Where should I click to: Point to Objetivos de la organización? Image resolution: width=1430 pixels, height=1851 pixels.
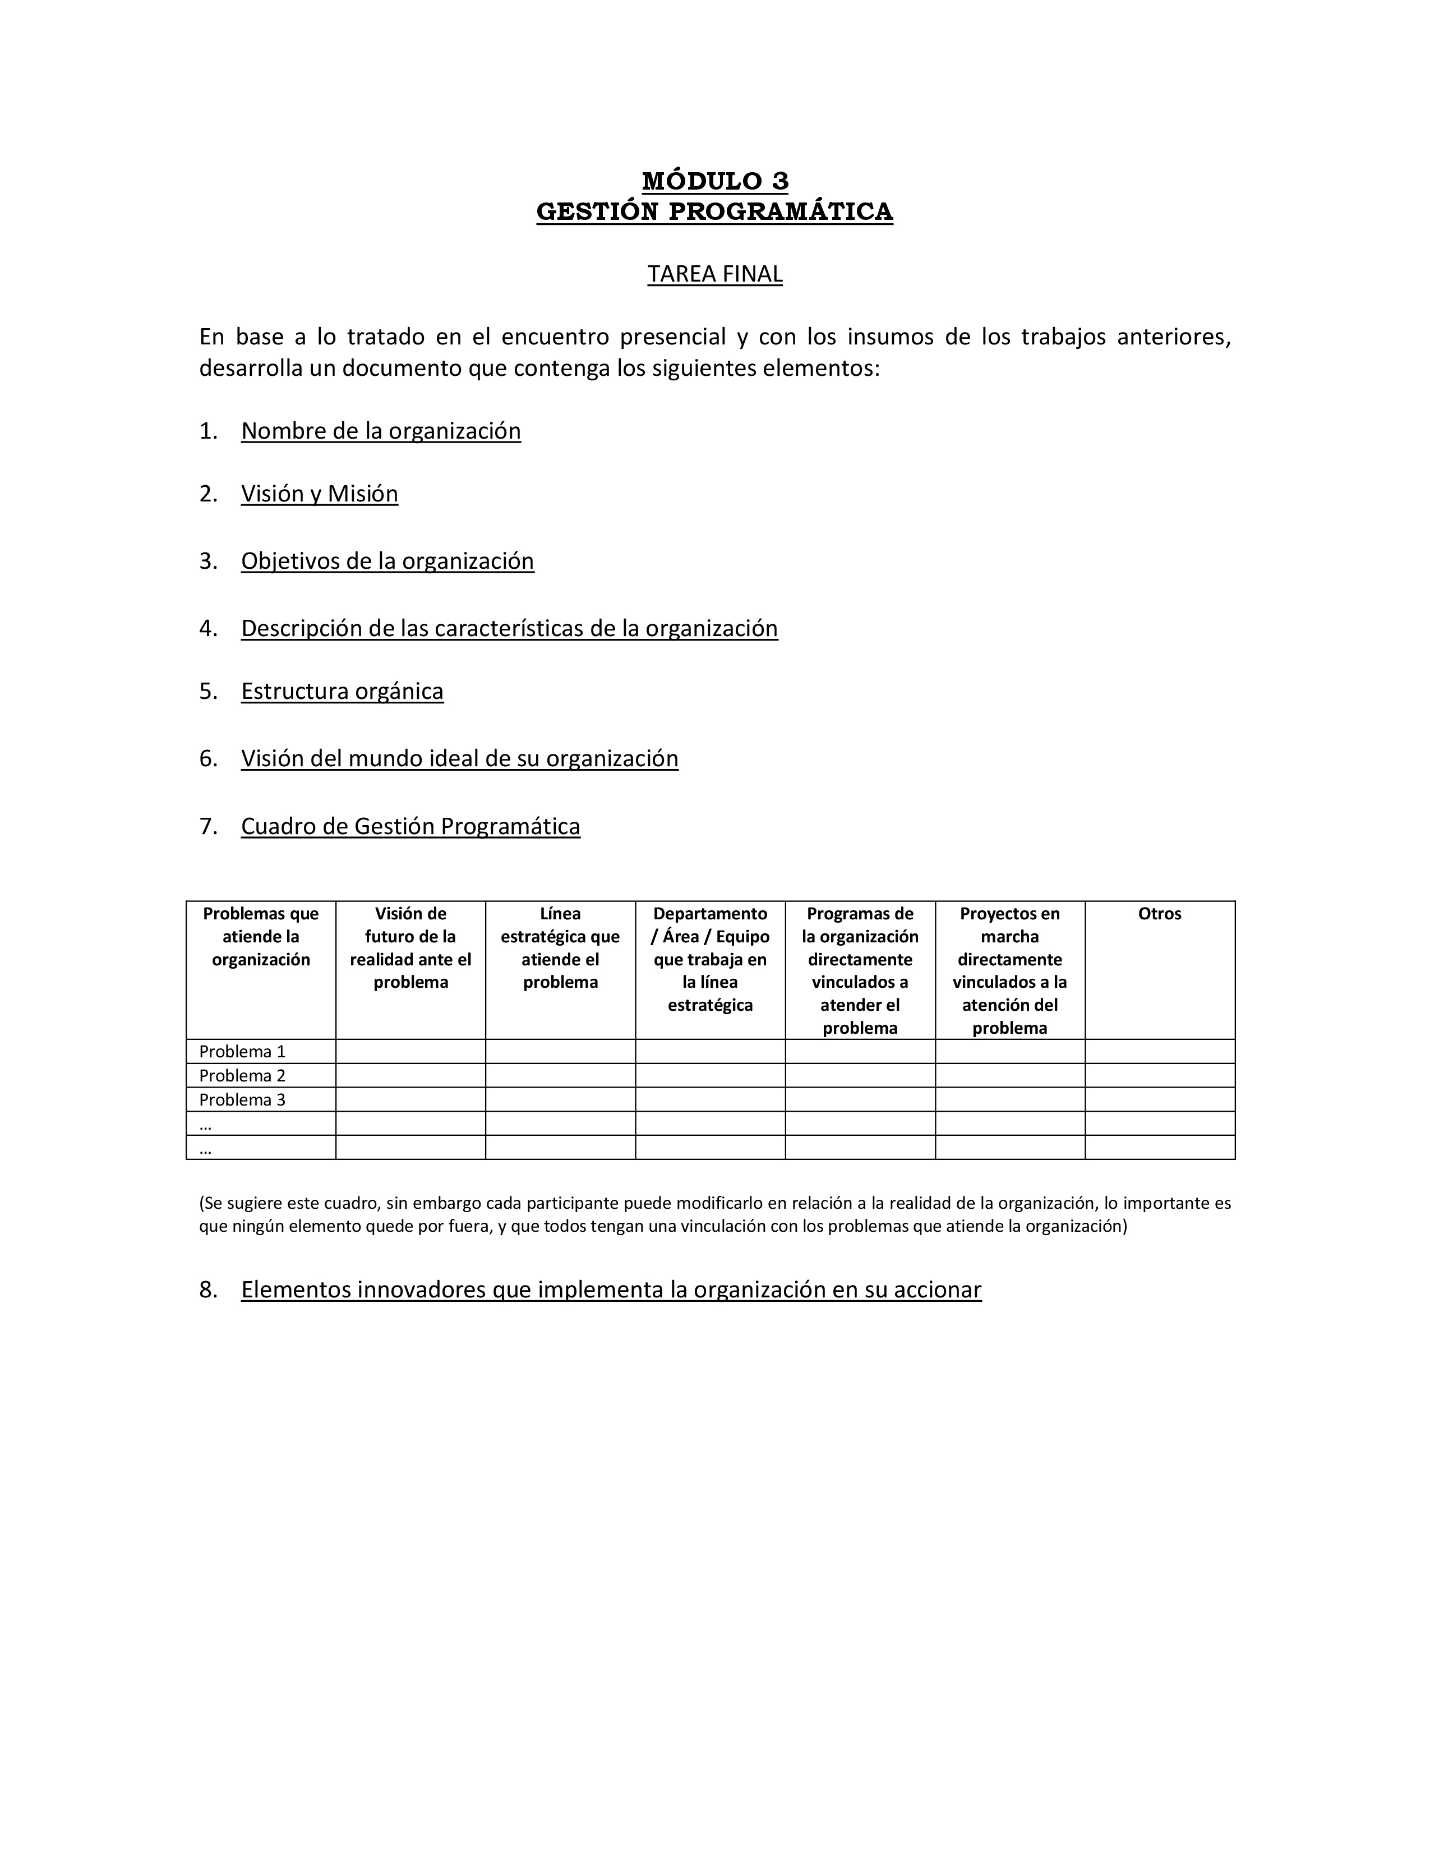pyautogui.click(x=387, y=561)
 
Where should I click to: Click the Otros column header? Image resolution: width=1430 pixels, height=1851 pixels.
pyautogui.click(x=1159, y=914)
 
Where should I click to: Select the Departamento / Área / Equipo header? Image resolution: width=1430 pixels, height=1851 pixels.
pyautogui.click(x=710, y=959)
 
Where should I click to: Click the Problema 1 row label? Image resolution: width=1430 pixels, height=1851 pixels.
pyautogui.click(x=242, y=1052)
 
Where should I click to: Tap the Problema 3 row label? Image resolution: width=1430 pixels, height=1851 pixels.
pyautogui.click(x=242, y=1100)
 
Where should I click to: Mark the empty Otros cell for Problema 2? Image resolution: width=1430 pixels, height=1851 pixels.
pyautogui.click(x=1159, y=1075)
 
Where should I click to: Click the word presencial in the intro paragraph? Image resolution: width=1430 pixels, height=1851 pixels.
pyautogui.click(x=672, y=337)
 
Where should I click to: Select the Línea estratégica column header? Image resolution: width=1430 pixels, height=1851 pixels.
pyautogui.click(x=560, y=947)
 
